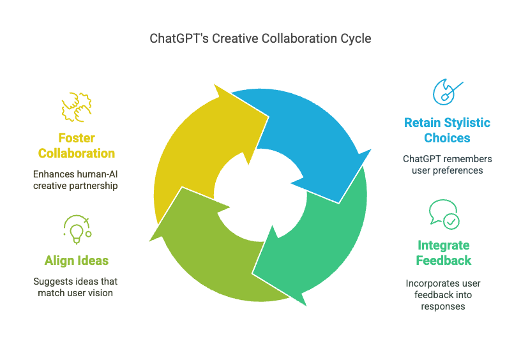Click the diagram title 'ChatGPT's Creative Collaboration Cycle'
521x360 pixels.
pyautogui.click(x=260, y=38)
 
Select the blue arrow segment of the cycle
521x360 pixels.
pyautogui.click(x=309, y=133)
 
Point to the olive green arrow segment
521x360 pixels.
pyautogui.click(x=213, y=259)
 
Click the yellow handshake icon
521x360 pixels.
pyautogui.click(x=77, y=107)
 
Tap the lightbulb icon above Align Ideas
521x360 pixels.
pyautogui.click(x=77, y=230)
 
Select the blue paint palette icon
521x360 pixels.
pyautogui.click(x=447, y=92)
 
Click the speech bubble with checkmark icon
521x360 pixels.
pyautogui.click(x=444, y=214)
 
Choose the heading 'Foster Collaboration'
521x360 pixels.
pyautogui.click(x=77, y=146)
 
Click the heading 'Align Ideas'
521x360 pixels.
pyautogui.click(x=77, y=260)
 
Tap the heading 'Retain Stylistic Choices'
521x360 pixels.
pyautogui.click(x=447, y=130)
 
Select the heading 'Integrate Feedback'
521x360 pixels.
pyautogui.click(x=444, y=253)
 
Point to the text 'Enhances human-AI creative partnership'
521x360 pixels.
pyautogui.click(x=75, y=180)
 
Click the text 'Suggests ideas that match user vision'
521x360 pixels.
pyautogui.click(x=75, y=287)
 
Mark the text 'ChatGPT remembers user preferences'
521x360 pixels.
pyautogui.click(x=447, y=165)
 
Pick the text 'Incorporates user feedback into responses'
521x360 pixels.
pyautogui.click(x=443, y=295)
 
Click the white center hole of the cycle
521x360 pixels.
pyautogui.click(x=260, y=195)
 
